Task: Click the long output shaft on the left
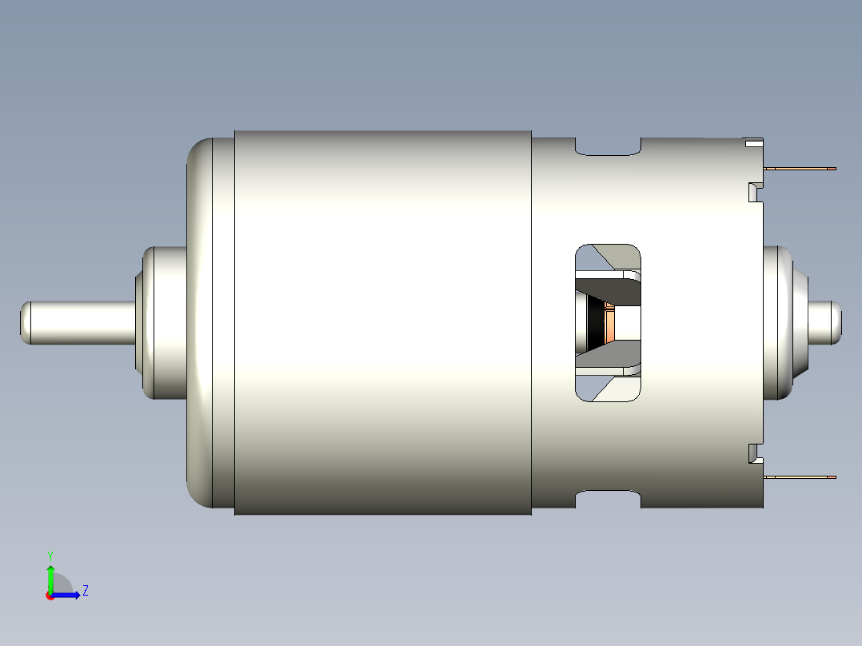click(x=76, y=322)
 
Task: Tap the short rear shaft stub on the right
click(x=826, y=321)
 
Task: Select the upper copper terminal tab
click(x=800, y=169)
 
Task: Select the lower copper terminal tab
click(x=800, y=477)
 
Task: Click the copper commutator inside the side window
click(x=611, y=323)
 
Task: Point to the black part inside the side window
click(x=596, y=323)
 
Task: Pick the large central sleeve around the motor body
click(x=383, y=322)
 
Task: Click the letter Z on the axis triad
click(x=85, y=591)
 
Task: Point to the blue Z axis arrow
click(x=68, y=594)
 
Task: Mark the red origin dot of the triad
click(x=50, y=596)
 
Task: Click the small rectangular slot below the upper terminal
click(x=752, y=192)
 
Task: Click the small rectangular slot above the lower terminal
click(x=752, y=453)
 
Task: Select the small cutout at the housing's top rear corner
click(x=752, y=143)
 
